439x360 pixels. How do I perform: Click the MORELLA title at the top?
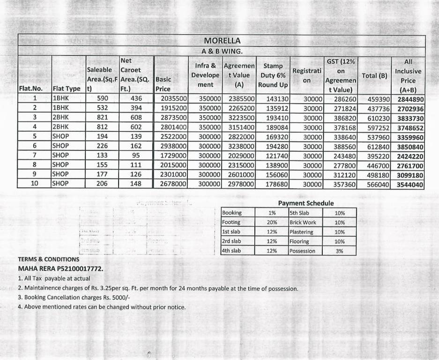tap(222, 40)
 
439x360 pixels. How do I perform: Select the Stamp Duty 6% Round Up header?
tap(273, 75)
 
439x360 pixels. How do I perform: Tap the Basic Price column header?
tap(164, 84)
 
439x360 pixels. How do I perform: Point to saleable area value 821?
tap(102, 118)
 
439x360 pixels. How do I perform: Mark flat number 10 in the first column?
tap(34, 184)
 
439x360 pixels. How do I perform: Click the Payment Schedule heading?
tap(306, 203)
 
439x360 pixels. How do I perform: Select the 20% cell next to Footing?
tap(272, 222)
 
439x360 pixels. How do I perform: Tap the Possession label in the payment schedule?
tap(302, 251)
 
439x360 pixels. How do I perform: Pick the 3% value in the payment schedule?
tap(339, 251)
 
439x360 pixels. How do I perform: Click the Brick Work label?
tap(303, 222)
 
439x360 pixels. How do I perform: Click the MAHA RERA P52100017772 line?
tap(60, 269)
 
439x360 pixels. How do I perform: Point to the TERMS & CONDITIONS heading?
tap(49, 259)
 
